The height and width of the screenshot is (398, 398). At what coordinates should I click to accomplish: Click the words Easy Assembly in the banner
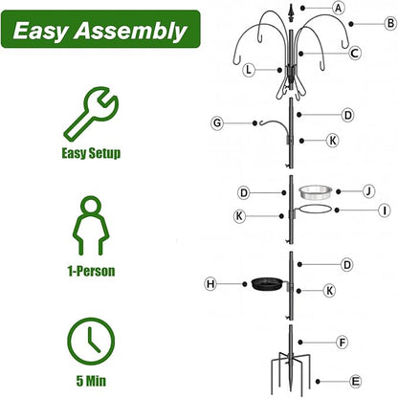(99, 31)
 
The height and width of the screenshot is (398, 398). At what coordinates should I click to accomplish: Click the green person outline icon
(92, 226)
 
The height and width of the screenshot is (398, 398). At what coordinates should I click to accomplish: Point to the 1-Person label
(92, 272)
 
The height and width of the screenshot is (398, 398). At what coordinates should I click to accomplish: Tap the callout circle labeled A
(338, 8)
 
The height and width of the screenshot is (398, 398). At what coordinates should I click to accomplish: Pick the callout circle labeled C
(355, 54)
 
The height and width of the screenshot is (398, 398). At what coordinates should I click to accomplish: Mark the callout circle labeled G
(217, 122)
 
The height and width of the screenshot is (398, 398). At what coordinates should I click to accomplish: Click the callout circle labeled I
(384, 210)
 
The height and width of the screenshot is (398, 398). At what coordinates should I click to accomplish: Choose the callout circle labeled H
(210, 283)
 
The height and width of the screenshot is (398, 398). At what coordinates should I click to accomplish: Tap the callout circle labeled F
(343, 341)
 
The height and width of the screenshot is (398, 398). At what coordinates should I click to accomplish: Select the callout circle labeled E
(357, 380)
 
